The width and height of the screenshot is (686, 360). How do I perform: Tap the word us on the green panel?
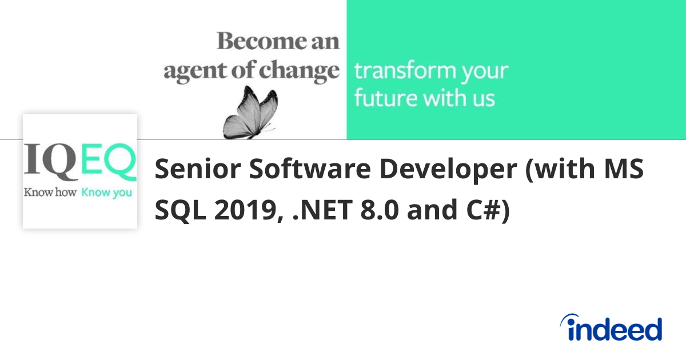point(482,98)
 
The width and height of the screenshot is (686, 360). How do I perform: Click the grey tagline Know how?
point(50,193)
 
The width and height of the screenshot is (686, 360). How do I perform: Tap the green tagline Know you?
point(106,193)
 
